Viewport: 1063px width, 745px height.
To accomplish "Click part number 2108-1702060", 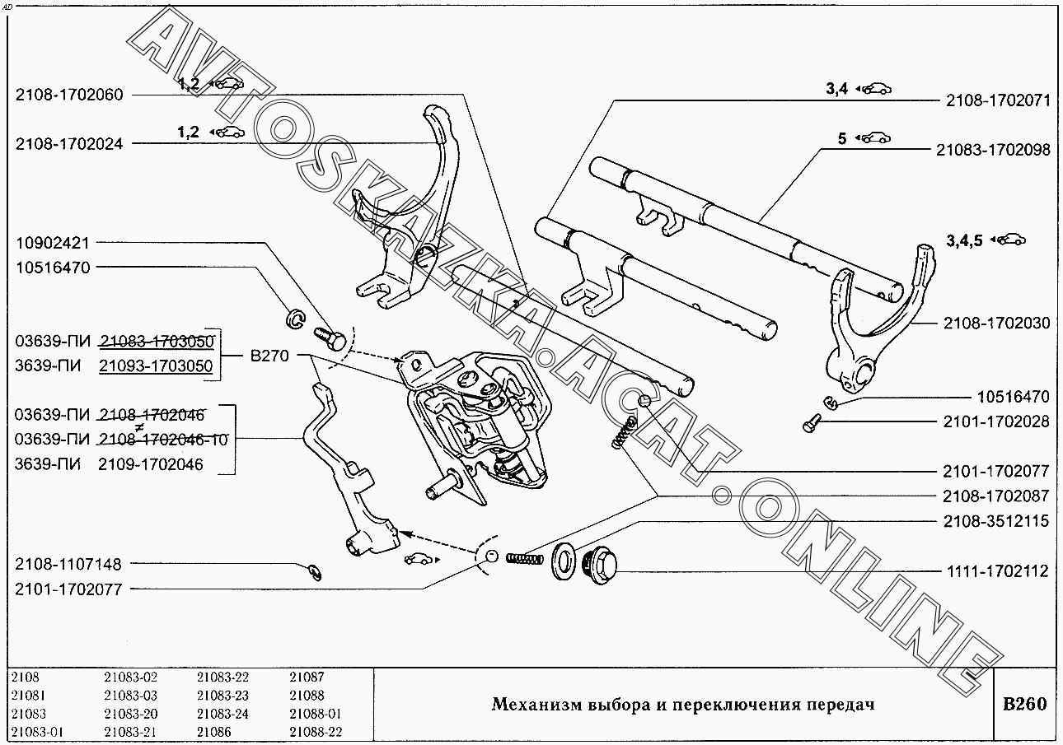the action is [69, 95].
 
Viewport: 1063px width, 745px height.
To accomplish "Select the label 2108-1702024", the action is [69, 144].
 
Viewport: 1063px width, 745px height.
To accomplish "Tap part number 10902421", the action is [53, 244].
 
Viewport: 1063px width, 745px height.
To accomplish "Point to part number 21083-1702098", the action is [993, 150].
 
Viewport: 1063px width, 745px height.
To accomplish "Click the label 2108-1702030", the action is [996, 323].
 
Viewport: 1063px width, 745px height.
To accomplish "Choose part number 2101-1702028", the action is [996, 421].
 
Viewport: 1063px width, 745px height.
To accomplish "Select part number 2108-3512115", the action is [996, 521].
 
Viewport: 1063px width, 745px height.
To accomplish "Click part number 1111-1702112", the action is [998, 571].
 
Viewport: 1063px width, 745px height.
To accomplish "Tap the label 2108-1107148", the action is [68, 565].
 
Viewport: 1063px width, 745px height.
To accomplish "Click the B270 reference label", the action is [269, 356].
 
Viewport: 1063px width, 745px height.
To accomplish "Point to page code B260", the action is [1025, 704].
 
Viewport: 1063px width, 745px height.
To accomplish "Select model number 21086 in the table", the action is [214, 732].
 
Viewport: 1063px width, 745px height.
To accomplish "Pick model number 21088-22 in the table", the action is [316, 732].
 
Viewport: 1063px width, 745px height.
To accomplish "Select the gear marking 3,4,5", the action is [965, 241].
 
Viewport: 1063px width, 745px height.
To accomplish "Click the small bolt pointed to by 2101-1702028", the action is [811, 423].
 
